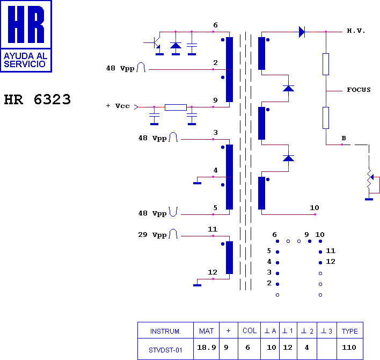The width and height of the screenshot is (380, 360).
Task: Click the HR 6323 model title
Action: (x=38, y=99)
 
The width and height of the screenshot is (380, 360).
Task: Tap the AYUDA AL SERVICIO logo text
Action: (x=25, y=60)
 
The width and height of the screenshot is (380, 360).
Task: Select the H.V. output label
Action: (x=356, y=31)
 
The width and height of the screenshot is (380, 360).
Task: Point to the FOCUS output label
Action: (x=359, y=90)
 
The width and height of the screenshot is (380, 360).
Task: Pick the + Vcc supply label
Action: (x=118, y=106)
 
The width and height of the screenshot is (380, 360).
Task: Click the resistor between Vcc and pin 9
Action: (x=176, y=107)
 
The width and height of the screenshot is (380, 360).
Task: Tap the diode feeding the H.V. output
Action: (x=302, y=32)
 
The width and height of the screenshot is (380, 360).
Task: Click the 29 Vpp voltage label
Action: (x=152, y=235)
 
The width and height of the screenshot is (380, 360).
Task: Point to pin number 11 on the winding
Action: (x=213, y=229)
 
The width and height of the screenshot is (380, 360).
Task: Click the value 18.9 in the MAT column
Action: (x=207, y=348)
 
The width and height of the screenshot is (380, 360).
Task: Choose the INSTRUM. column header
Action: (x=165, y=331)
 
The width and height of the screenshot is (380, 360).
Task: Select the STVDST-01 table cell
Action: (x=165, y=350)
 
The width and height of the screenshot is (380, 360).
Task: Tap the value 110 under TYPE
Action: (x=349, y=348)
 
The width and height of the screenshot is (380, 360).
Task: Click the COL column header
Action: (x=250, y=330)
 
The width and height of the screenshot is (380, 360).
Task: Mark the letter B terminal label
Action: (x=344, y=138)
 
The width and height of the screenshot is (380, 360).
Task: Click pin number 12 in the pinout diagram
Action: (x=331, y=262)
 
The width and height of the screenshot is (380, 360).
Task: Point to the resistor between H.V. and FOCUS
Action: (x=326, y=64)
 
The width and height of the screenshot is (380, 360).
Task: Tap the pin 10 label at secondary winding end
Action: (x=315, y=207)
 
